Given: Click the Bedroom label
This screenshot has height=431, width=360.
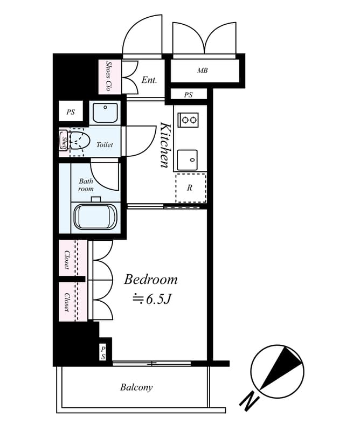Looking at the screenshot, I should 150,280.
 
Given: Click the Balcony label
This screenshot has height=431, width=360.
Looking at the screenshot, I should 136,387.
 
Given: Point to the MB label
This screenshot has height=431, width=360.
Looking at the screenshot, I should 202,71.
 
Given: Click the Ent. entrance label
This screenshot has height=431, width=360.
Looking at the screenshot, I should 149,80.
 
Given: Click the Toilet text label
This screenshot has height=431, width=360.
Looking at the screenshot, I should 105,145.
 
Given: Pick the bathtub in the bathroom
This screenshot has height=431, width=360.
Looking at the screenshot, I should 95,215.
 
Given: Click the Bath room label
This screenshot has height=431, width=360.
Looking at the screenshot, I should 86,185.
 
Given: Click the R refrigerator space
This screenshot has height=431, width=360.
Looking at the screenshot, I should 190,188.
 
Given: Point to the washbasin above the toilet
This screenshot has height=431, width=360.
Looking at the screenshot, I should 104,113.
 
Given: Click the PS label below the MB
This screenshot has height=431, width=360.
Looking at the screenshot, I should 188,95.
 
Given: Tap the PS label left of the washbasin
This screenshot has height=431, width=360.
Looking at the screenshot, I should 71,113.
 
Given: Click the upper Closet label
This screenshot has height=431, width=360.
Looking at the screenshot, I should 67,260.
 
